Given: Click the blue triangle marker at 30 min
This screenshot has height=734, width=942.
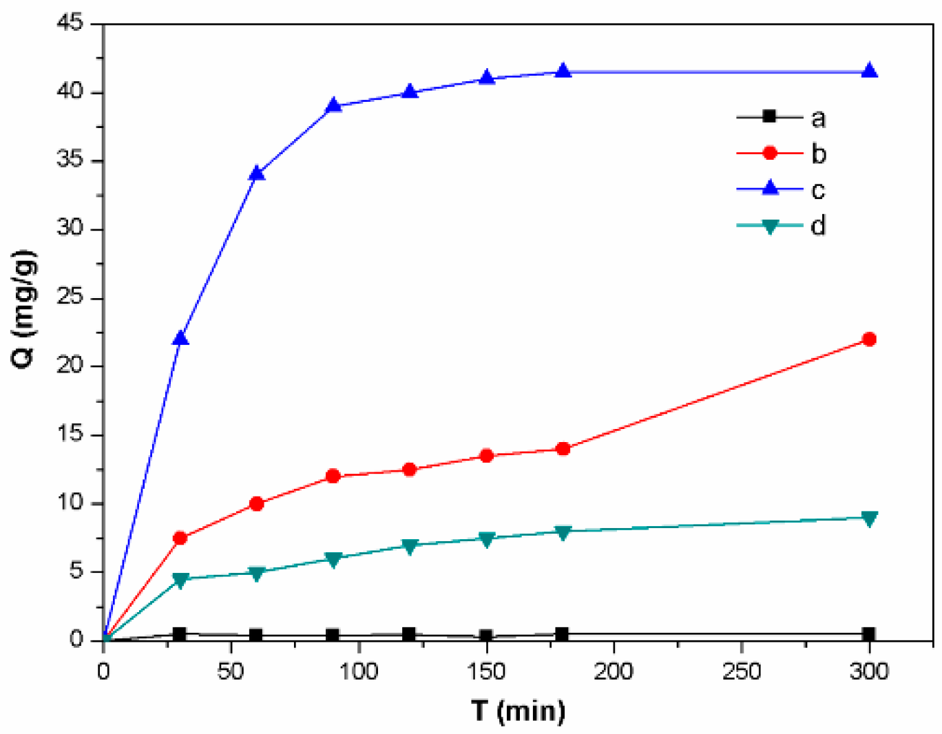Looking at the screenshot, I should pyautogui.click(x=180, y=338).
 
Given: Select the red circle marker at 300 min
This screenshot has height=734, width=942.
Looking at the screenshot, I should pyautogui.click(x=869, y=339).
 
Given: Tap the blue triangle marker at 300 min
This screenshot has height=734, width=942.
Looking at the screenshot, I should pyautogui.click(x=869, y=71).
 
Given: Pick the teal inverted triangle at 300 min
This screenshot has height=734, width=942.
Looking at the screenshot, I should pyautogui.click(x=869, y=518).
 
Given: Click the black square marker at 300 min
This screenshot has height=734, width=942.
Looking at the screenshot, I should pyautogui.click(x=869, y=633).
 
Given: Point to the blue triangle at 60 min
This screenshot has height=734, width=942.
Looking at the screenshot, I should pyautogui.click(x=257, y=174).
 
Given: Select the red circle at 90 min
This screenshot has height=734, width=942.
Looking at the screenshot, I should pyautogui.click(x=333, y=476).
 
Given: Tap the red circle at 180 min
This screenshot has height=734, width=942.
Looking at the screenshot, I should pyautogui.click(x=563, y=449).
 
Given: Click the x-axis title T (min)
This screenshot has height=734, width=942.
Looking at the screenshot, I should pyautogui.click(x=518, y=710).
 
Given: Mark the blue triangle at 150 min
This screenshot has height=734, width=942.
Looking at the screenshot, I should pyautogui.click(x=487, y=77).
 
